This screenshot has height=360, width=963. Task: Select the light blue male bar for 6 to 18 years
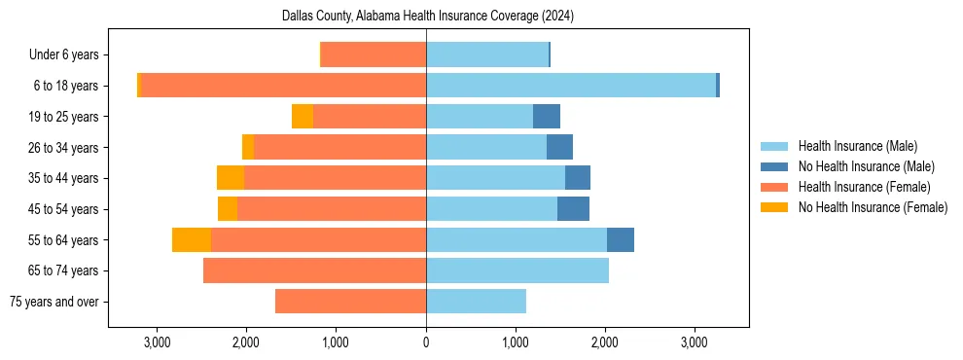570,86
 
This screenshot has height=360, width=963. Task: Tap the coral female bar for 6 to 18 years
283,86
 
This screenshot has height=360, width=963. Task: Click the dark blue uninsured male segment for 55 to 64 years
621,239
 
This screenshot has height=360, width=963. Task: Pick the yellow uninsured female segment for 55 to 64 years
192,239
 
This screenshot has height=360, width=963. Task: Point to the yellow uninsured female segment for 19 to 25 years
303,117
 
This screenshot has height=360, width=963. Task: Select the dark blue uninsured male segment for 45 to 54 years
573,209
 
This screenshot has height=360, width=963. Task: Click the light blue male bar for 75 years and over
476,302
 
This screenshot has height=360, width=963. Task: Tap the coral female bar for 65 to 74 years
314,270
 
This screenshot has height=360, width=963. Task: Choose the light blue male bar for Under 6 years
486,54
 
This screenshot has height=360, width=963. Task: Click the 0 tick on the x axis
426,342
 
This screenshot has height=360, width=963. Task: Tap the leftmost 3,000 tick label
157,342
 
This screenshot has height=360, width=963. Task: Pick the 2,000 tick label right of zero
605,342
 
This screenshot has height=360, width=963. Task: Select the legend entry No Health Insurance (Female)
873,207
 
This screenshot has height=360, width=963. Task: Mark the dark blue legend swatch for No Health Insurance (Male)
774,166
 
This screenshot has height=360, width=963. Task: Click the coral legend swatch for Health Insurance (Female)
774,187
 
